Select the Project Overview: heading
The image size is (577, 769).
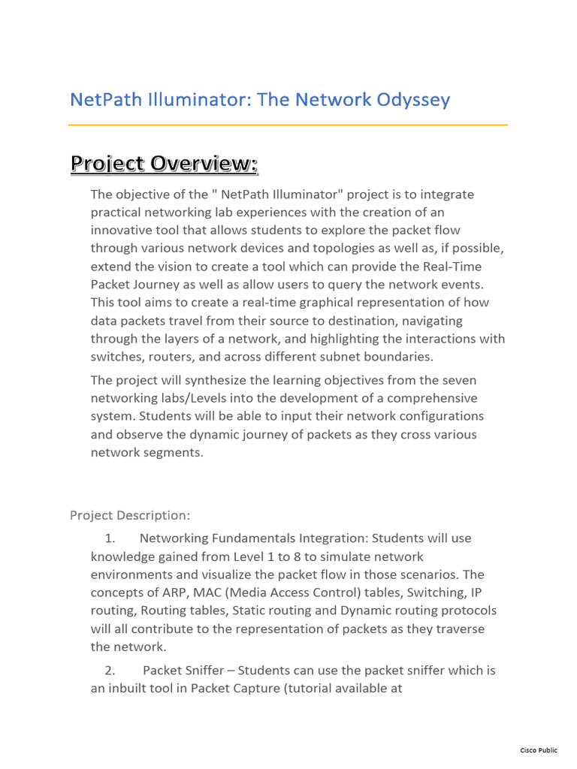(x=164, y=163)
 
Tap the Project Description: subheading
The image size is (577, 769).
(x=130, y=514)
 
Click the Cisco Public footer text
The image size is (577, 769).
(x=539, y=750)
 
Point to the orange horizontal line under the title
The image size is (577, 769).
(x=288, y=125)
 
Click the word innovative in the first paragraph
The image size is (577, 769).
(x=122, y=230)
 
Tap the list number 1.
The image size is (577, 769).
(x=110, y=538)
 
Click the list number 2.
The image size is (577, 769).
(x=110, y=670)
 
